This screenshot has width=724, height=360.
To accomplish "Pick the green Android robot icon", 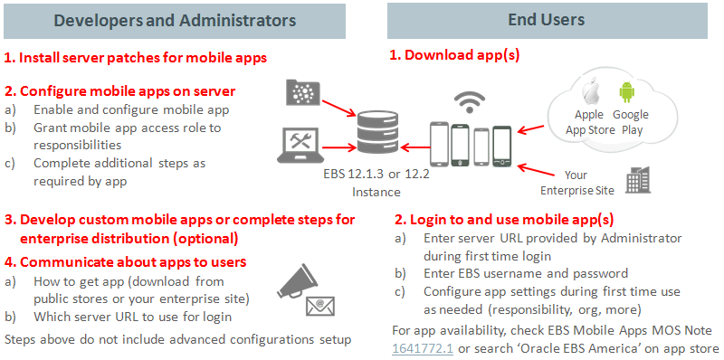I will (x=627, y=92).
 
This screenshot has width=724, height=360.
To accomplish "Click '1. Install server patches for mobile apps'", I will (x=136, y=59).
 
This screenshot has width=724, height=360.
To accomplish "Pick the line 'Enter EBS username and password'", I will (x=523, y=273).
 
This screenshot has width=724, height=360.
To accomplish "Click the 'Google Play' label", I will (x=631, y=121).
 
